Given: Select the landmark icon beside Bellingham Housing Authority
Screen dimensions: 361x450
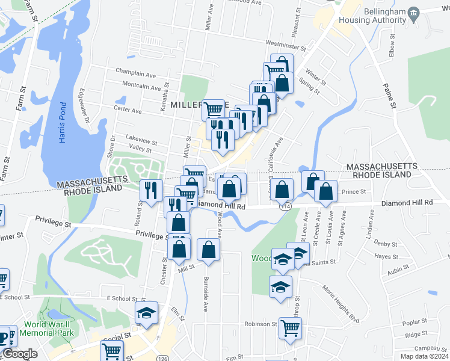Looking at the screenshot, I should click(x=413, y=13).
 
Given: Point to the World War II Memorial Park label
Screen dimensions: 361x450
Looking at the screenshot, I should click(x=48, y=328).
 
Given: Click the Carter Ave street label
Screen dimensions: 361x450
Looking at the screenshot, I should click(x=128, y=111).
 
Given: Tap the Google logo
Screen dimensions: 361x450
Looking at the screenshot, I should click(x=20, y=354).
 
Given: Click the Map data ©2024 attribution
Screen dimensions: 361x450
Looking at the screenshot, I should click(x=424, y=356).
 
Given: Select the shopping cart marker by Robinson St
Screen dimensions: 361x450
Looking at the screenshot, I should click(x=290, y=328).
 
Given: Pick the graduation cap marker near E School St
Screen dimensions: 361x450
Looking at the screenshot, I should click(x=146, y=312).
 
